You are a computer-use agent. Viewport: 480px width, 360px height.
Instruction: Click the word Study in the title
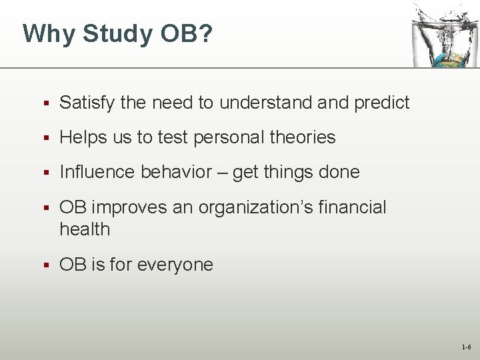click(x=116, y=33)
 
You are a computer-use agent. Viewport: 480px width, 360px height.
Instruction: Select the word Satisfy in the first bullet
click(x=87, y=103)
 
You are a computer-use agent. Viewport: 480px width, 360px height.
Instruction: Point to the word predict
click(x=381, y=103)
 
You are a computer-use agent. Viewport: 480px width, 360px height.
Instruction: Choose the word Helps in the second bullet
click(x=81, y=137)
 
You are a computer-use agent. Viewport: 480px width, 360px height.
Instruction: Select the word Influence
click(x=97, y=172)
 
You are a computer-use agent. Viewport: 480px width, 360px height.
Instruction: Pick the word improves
click(x=128, y=207)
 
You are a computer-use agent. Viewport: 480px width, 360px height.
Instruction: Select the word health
click(x=85, y=229)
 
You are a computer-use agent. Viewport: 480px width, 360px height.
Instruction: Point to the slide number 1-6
click(x=465, y=347)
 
